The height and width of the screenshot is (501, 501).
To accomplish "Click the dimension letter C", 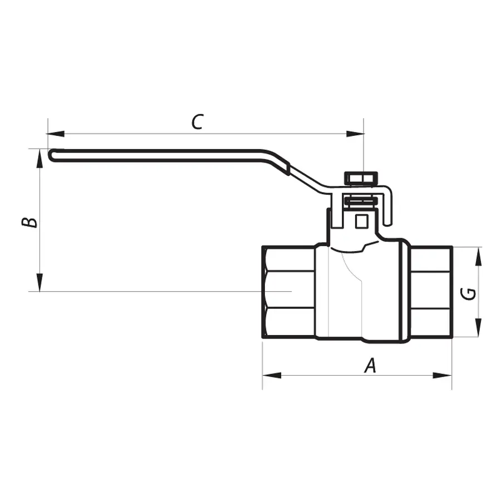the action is [x=198, y=121].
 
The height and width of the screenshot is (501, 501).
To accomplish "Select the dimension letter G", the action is [x=468, y=294].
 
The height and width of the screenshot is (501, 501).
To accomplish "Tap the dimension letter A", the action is [x=370, y=366].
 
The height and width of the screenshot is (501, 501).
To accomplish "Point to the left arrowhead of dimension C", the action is [x=56, y=134].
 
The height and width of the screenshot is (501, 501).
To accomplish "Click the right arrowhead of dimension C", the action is [x=355, y=134].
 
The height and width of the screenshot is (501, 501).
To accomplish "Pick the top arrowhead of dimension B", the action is [x=40, y=158].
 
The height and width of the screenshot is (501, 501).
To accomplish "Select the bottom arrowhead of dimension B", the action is [x=40, y=282].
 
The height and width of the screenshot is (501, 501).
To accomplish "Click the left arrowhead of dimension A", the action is [x=272, y=375].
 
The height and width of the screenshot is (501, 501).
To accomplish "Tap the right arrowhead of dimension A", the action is [x=443, y=375].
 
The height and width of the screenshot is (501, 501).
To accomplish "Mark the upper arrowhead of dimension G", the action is [x=478, y=256].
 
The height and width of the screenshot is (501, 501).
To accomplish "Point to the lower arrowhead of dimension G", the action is [x=478, y=327].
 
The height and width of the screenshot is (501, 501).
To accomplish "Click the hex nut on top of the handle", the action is [x=361, y=178].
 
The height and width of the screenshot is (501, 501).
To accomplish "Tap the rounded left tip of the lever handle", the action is [x=51, y=155].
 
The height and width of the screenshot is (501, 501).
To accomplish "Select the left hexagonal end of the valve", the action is [x=288, y=292].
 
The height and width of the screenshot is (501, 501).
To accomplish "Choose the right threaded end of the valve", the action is [x=431, y=292].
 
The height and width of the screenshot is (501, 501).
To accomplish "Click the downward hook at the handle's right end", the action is [x=387, y=208].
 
